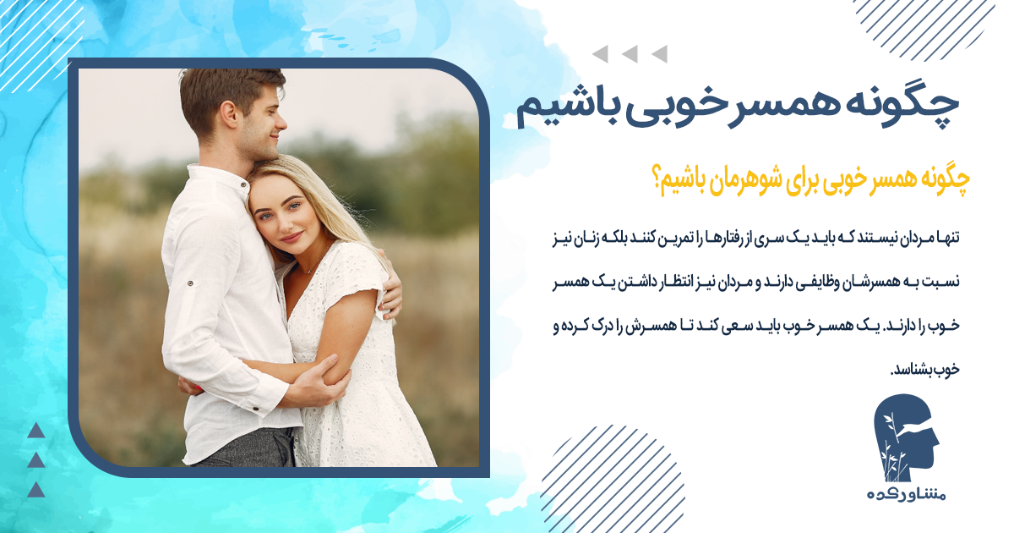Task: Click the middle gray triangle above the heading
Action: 629,55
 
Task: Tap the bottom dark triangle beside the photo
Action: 35,490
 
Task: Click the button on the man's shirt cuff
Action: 190,283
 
